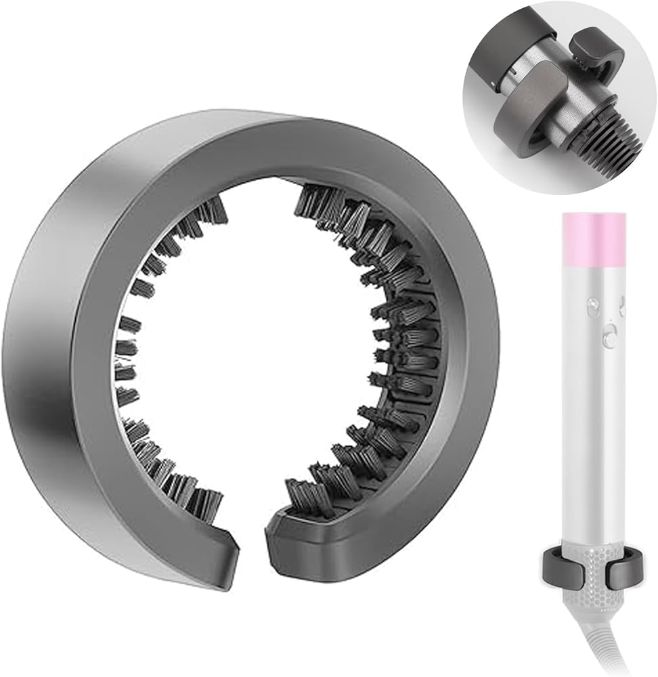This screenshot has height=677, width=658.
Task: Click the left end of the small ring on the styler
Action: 550,569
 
